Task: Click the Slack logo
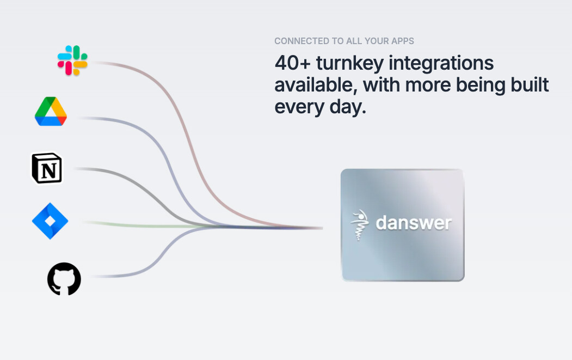click(72, 60)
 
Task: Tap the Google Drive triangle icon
click(51, 111)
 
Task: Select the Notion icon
click(47, 168)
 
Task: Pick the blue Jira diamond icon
click(50, 221)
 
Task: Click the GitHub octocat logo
click(64, 279)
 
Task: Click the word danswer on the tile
click(414, 223)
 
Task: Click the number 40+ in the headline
click(293, 63)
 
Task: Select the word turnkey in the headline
click(349, 64)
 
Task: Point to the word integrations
click(441, 64)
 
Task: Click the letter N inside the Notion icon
click(48, 170)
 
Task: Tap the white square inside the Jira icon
click(50, 221)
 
